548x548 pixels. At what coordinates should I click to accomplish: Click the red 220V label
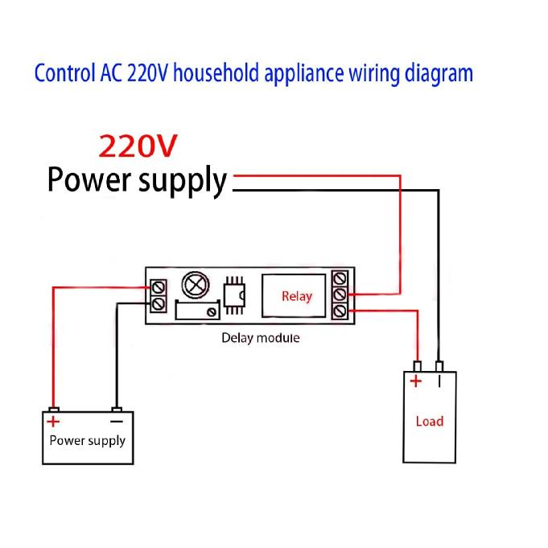[x=138, y=145]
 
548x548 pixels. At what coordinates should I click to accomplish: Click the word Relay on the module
[x=296, y=296]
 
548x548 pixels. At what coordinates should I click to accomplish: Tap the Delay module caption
[x=260, y=338]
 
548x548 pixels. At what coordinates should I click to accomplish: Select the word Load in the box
[x=429, y=421]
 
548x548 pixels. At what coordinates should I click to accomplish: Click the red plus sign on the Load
[x=416, y=381]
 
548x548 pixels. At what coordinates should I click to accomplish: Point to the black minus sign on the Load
[x=439, y=381]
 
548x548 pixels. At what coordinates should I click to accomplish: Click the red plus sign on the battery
[x=53, y=421]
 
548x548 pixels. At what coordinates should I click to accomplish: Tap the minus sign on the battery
[x=116, y=421]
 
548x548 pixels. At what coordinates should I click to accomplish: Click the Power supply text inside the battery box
[x=87, y=440]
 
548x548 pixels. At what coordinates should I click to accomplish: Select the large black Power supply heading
[x=137, y=179]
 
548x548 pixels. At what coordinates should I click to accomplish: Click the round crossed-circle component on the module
[x=196, y=286]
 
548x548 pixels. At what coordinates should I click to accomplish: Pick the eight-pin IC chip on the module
[x=234, y=295]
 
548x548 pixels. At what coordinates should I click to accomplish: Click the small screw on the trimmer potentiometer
[x=212, y=311]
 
